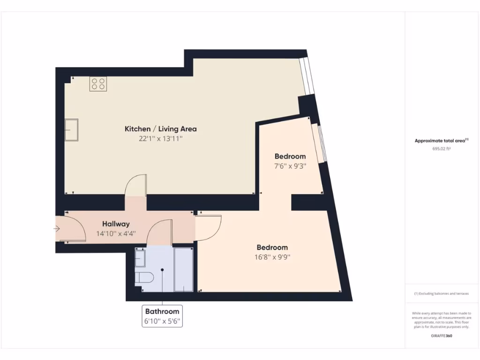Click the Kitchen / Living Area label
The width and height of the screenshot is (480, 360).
[160, 129]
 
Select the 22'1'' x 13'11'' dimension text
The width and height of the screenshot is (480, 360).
[160, 139]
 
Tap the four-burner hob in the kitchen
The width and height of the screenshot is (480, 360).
[98, 84]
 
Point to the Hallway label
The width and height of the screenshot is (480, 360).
[116, 224]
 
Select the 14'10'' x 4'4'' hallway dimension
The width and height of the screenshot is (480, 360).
[116, 233]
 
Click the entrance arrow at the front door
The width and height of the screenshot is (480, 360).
[57, 229]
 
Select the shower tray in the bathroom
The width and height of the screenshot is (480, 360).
[183, 270]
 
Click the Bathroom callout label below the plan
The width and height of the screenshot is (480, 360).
[162, 311]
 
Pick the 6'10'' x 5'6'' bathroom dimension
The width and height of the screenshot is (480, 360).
[162, 322]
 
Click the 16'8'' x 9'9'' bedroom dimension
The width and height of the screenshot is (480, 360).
[272, 257]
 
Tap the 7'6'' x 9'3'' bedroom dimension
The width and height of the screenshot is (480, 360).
[290, 166]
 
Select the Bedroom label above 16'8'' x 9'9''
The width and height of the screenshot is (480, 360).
[272, 247]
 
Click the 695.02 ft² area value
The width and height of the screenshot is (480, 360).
[442, 149]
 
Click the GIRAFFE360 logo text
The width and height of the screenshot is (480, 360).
[442, 336]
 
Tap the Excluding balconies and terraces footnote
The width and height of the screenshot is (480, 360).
[441, 294]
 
